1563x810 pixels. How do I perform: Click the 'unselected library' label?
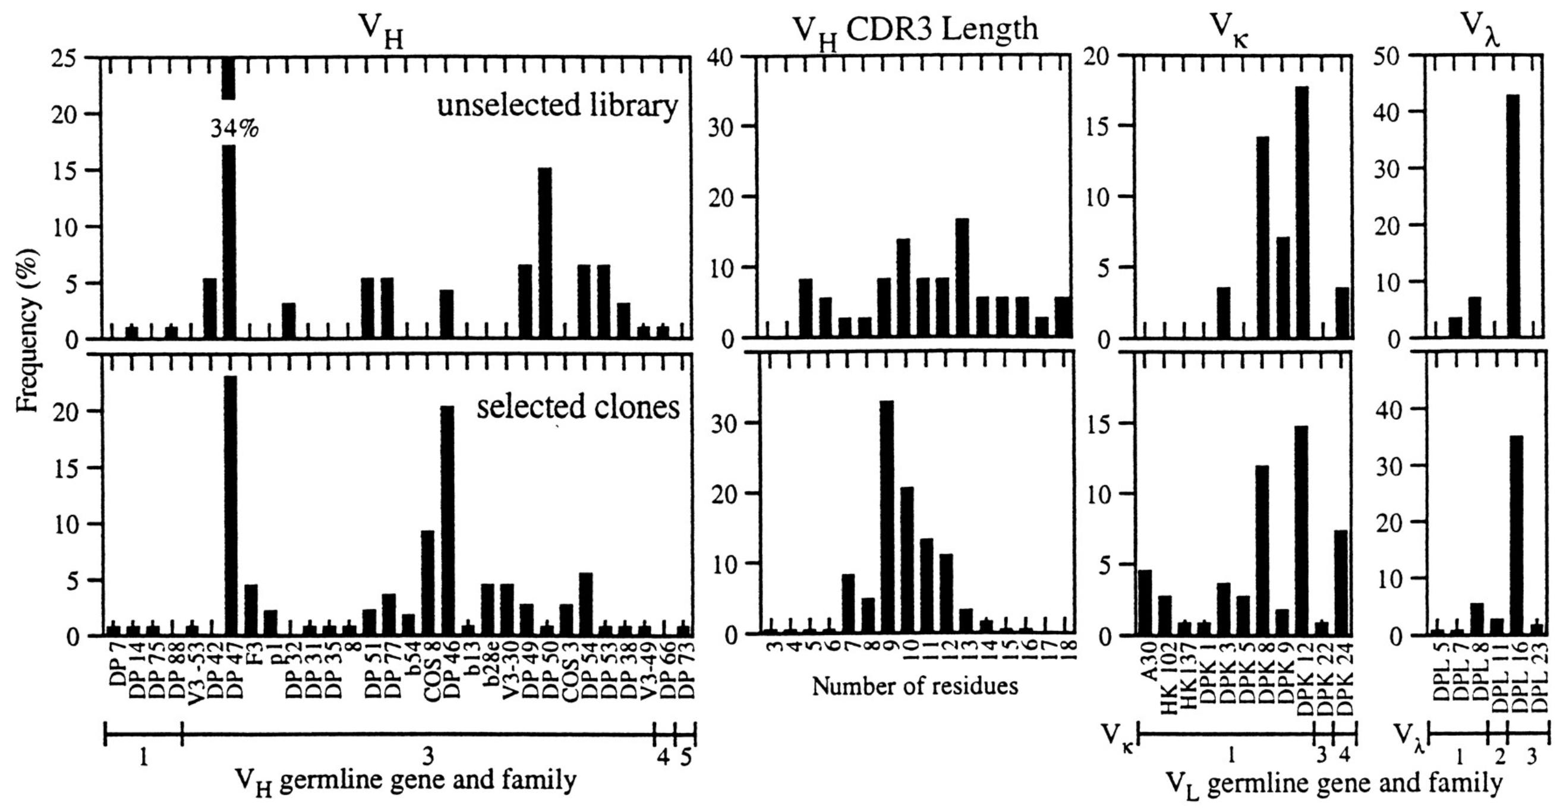pos(557,106)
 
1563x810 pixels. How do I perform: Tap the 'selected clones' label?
pos(578,407)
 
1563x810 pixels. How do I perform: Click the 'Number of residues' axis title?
pos(915,686)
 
